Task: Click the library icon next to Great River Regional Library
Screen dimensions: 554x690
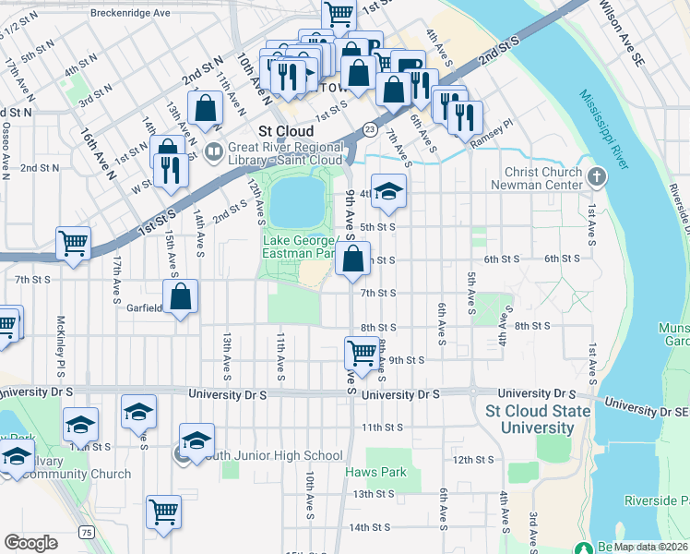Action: pos(213,150)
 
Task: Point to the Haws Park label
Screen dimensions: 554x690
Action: pos(375,472)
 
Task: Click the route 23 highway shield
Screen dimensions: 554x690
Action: pos(369,128)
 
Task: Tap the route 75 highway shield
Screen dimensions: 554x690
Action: pos(86,532)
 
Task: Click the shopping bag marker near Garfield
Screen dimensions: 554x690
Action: pos(183,297)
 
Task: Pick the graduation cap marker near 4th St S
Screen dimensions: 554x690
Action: pos(389,191)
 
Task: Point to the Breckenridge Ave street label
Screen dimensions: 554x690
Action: pos(131,14)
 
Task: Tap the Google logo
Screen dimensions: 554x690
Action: pos(30,543)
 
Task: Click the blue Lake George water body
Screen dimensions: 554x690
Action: pos(298,201)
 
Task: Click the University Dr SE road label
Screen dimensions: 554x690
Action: pos(647,407)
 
